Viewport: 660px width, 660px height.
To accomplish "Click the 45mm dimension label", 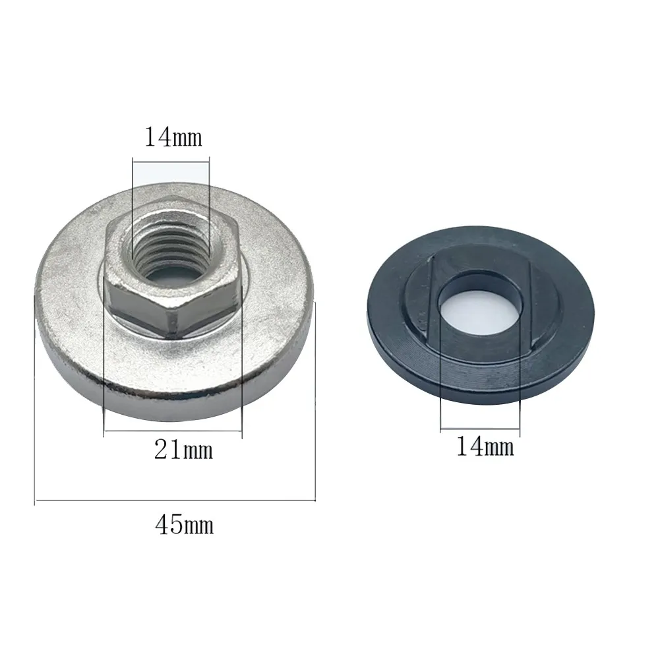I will pos(184,525).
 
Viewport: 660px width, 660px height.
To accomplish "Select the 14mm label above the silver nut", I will pos(173,138).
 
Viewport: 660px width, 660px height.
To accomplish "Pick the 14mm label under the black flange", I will pos(485,447).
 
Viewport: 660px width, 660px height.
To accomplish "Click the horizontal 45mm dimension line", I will pos(175,502).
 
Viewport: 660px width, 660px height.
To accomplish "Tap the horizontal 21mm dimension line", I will pos(173,432).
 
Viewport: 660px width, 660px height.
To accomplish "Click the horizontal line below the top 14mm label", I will pos(171,160).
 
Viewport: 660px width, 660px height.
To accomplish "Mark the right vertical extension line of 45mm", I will pos(317,402).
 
